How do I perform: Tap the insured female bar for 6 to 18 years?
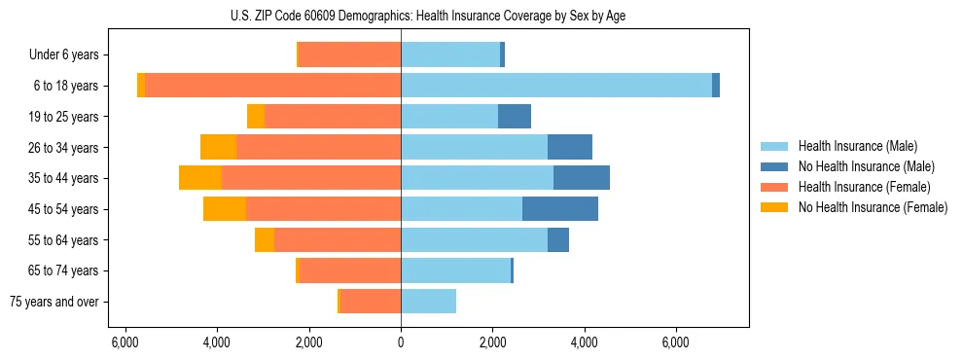(x=272, y=86)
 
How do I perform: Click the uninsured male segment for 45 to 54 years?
(x=560, y=209)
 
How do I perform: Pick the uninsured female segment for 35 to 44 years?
(x=200, y=178)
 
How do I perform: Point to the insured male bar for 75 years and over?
(x=428, y=302)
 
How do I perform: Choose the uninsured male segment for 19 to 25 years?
(x=515, y=117)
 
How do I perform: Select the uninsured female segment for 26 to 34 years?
(x=218, y=147)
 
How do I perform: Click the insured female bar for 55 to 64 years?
(x=338, y=239)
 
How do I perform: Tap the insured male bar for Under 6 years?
(x=450, y=54)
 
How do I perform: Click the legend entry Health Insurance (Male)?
(x=857, y=146)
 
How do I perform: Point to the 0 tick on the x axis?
(x=401, y=342)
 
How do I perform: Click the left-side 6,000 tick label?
(x=125, y=342)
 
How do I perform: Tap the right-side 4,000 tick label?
(x=584, y=342)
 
